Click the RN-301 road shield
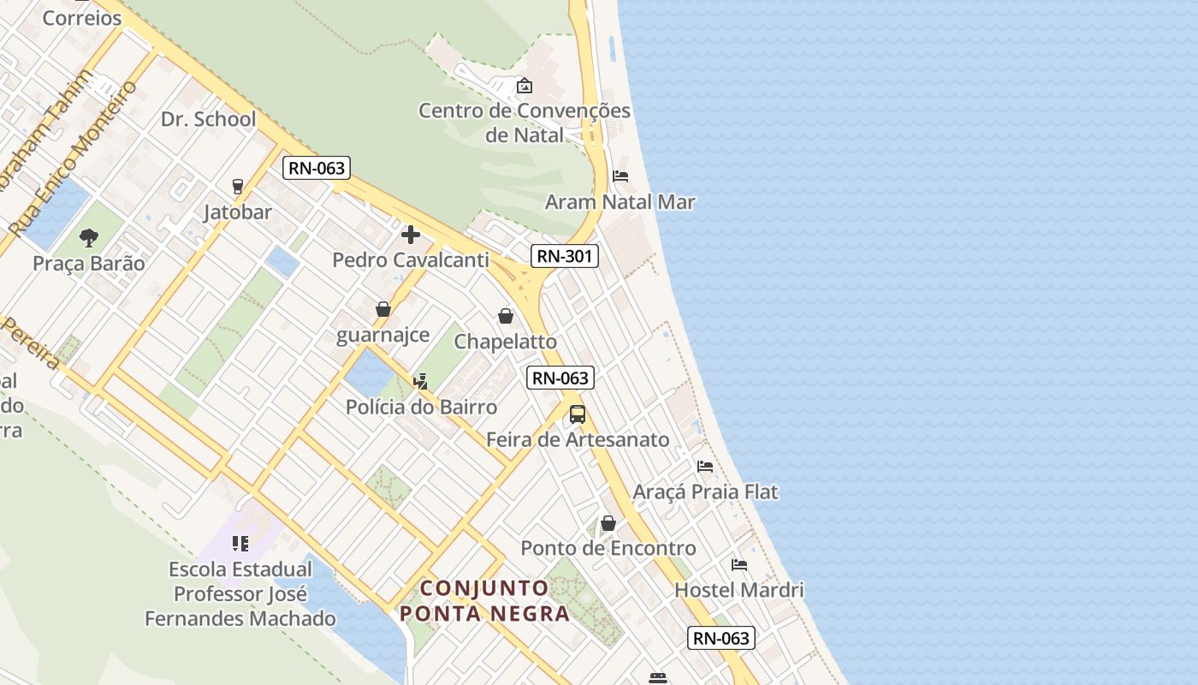coord(564,255)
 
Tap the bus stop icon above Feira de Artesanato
coord(578,414)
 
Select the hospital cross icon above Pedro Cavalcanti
coord(411,235)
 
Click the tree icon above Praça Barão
coord(89,238)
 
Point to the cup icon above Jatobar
coord(238,186)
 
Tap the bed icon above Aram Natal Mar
coord(620,176)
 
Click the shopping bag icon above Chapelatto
coord(506,316)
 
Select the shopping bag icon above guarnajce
coord(383,309)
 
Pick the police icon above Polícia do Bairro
coord(420,381)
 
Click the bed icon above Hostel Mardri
coord(739,565)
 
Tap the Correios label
coord(82,18)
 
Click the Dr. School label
coord(209,119)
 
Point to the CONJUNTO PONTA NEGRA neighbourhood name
coord(484,600)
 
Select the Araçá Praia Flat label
coord(705,492)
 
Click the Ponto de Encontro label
coord(608,548)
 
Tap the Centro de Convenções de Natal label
coord(525,122)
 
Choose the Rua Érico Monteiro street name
coord(74,159)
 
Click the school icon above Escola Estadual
coord(240,544)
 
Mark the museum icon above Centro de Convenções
coord(525,86)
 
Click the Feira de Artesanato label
coord(578,440)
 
